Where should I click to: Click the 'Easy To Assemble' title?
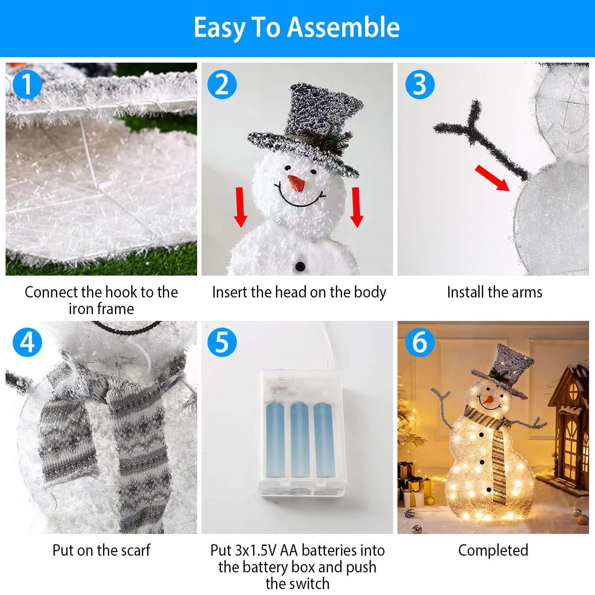(297, 27)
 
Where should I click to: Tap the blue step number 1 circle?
(27, 84)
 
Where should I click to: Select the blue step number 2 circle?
(222, 84)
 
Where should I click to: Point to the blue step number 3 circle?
(420, 84)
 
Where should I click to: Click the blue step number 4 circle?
(27, 342)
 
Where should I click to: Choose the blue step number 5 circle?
(222, 342)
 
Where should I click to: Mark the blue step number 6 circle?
(420, 342)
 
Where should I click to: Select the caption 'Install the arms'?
(494, 292)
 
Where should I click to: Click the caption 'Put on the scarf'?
(102, 550)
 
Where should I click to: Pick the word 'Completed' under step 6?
(493, 550)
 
